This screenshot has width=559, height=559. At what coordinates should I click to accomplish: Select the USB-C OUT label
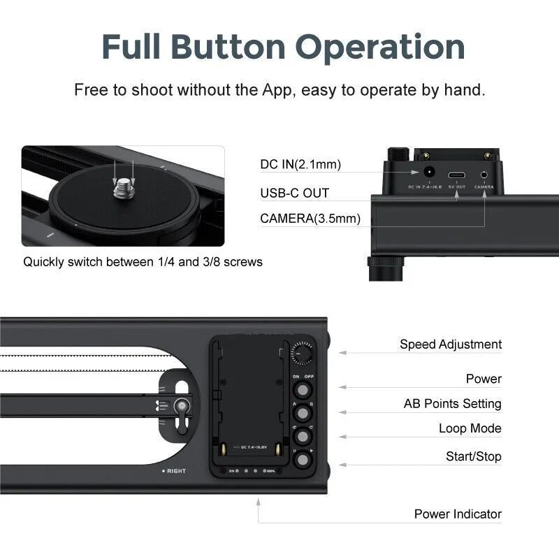[x=294, y=192]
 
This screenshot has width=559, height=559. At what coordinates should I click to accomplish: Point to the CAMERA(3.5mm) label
[x=310, y=219]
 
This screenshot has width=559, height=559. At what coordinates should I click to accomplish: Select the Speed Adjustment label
[x=451, y=344]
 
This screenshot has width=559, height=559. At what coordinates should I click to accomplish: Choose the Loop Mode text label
[x=470, y=428]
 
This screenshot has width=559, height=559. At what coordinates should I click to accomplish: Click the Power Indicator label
[x=458, y=514]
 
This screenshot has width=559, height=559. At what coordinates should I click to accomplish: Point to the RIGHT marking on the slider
[x=174, y=471]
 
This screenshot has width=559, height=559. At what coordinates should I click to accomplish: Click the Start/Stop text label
[x=474, y=456]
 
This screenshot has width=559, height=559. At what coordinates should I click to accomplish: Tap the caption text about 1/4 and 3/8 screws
[x=143, y=262]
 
